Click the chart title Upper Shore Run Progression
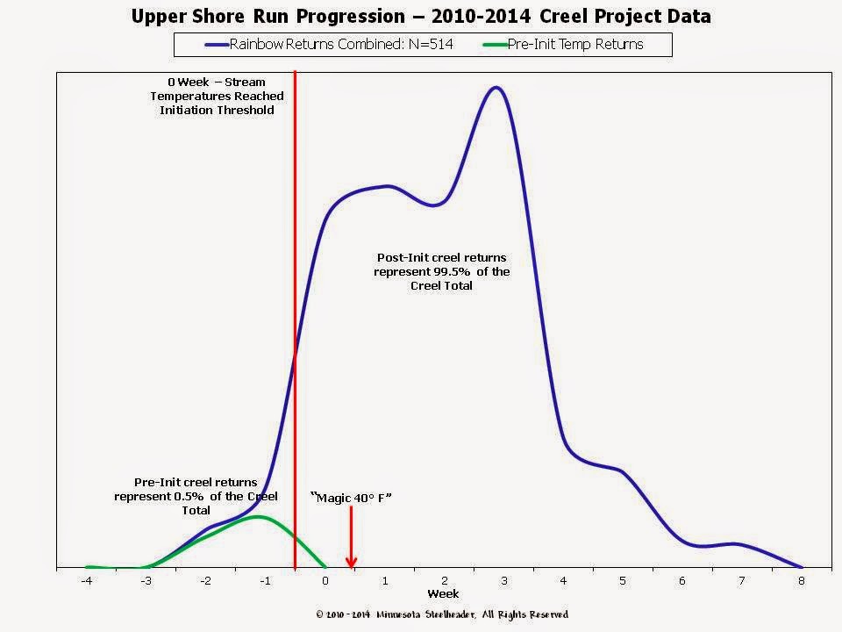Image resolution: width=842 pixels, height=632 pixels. (x=268, y=16)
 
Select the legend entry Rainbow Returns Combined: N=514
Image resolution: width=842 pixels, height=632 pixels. (x=329, y=44)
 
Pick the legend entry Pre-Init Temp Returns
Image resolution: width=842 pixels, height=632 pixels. (x=563, y=44)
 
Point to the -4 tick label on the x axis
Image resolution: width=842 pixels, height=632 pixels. (x=87, y=581)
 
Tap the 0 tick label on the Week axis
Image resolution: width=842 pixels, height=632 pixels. (x=325, y=581)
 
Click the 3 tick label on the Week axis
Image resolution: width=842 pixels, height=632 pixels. (x=503, y=581)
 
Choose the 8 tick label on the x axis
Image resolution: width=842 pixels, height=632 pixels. (x=801, y=581)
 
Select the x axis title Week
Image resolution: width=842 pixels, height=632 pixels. (x=443, y=594)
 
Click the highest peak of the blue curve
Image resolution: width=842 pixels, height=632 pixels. (x=496, y=87)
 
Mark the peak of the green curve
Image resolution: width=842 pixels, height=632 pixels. (x=258, y=516)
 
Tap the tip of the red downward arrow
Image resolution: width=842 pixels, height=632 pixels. (x=351, y=568)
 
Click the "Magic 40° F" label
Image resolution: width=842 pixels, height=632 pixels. (x=351, y=498)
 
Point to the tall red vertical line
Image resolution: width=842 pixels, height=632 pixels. (x=295, y=320)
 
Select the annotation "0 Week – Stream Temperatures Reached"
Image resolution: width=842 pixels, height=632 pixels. (x=217, y=90)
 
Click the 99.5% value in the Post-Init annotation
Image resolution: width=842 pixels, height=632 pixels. (x=452, y=272)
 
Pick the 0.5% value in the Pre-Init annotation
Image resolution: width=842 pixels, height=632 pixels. (x=189, y=497)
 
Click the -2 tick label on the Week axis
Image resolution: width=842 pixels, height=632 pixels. (x=205, y=581)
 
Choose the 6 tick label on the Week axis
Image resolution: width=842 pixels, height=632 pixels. (x=682, y=581)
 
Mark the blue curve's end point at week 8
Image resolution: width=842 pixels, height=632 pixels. (x=801, y=568)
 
